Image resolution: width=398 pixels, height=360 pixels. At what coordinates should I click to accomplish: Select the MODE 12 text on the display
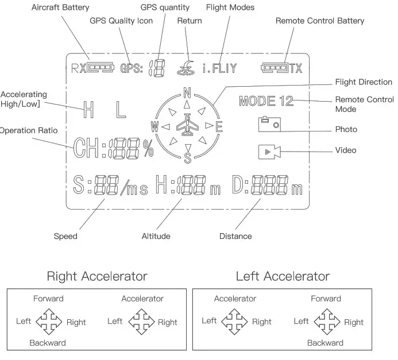[266, 102]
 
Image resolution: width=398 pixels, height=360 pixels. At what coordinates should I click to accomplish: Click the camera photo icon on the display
[269, 124]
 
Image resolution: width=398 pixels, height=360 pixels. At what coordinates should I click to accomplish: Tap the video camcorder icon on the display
[269, 152]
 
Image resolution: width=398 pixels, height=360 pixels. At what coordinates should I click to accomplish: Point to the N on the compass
[187, 92]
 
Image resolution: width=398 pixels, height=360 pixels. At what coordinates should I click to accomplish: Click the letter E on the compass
[218, 126]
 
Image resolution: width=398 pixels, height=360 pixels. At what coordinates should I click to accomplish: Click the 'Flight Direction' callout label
[364, 82]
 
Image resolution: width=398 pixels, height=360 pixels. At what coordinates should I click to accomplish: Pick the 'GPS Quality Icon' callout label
[121, 21]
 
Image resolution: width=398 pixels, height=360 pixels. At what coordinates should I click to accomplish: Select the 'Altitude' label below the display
[156, 236]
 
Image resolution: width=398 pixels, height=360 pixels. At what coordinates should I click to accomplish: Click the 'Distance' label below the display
[235, 236]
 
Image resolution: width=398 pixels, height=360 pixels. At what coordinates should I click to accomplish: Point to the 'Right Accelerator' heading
[97, 276]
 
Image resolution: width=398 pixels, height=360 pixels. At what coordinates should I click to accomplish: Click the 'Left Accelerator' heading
[283, 276]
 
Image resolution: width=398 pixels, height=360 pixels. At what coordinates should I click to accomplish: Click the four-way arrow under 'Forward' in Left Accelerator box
[326, 321]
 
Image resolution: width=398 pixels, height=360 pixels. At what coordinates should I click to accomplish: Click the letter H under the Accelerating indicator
[88, 110]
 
